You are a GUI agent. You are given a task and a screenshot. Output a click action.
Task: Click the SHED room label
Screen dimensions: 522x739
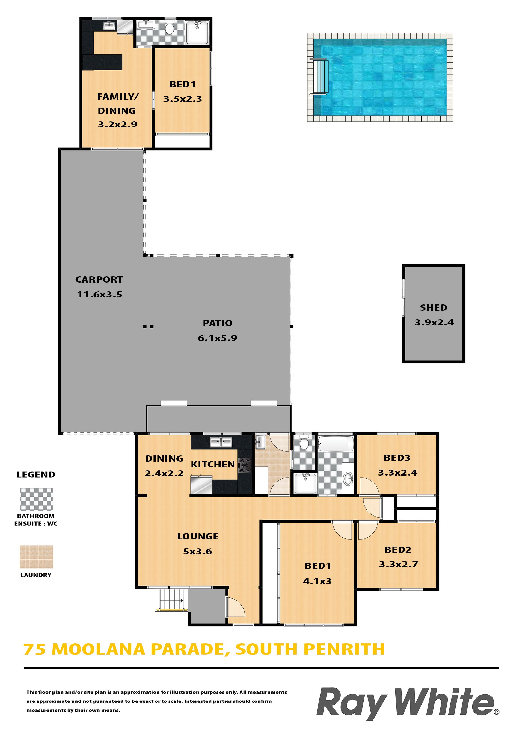click(433, 308)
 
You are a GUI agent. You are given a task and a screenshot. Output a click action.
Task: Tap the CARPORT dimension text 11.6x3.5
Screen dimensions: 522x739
click(100, 295)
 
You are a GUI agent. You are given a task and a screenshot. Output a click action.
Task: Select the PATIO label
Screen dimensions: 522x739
click(217, 323)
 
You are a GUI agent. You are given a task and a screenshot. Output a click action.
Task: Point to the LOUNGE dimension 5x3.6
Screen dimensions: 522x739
click(198, 551)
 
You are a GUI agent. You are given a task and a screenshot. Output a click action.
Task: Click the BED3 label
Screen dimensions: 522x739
click(397, 458)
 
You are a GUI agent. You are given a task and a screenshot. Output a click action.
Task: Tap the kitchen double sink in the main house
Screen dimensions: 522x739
click(221, 442)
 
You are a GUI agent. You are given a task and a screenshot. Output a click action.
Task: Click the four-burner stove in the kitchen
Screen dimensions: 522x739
click(245, 465)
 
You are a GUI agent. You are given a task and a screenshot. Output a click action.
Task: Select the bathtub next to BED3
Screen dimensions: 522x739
click(336, 444)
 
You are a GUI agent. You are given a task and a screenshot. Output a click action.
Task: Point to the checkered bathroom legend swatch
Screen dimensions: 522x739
click(36, 499)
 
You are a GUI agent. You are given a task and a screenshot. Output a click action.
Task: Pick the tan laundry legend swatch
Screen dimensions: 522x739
click(36, 557)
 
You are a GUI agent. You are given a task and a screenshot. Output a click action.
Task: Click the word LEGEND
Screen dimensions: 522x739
click(36, 474)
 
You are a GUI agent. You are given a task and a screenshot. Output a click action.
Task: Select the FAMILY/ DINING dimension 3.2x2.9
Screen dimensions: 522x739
click(117, 125)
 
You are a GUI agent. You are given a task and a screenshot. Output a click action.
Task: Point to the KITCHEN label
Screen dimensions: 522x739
click(213, 465)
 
